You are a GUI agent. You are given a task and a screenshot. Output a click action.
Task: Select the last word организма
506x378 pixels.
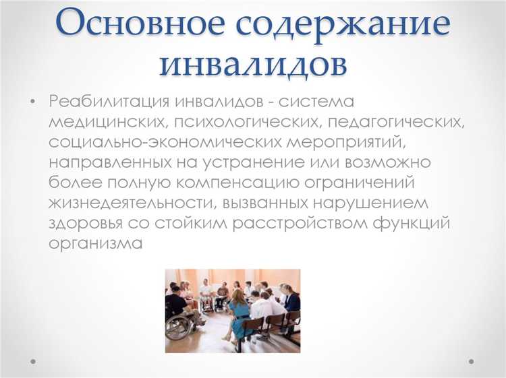pos(95,243)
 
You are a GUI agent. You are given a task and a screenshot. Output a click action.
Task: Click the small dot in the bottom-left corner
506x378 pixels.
pos(31,360)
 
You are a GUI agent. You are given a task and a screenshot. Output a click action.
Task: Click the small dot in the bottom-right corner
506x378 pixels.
pos(472,360)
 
